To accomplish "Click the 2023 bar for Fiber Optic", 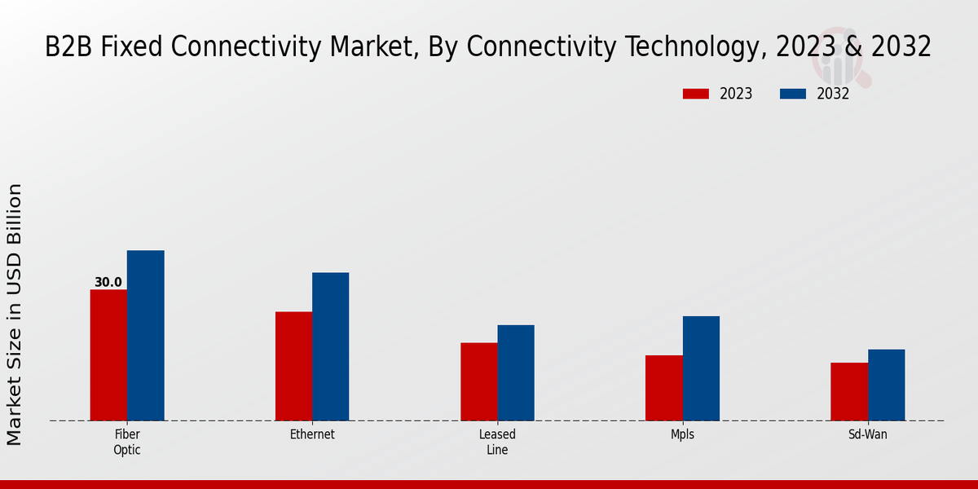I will (108, 355).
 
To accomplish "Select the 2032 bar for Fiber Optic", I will (145, 336).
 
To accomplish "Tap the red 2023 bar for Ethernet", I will (293, 366).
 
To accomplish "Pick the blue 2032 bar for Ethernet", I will (330, 346).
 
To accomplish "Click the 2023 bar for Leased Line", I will (478, 381).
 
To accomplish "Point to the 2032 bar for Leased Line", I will (516, 372).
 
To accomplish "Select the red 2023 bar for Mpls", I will (663, 388).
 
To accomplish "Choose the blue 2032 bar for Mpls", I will (701, 368).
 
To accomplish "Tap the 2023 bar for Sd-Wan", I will (848, 391).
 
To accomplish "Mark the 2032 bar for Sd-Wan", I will (886, 385).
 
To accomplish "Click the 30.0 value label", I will (108, 283).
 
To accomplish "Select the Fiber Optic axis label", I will (127, 442).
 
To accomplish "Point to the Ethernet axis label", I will (312, 434).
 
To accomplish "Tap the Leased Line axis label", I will (497, 442).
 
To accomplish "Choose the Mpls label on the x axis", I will (682, 434).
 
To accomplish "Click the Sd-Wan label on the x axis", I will (867, 434).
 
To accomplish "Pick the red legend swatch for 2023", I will (695, 94).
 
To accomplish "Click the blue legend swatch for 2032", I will (792, 94).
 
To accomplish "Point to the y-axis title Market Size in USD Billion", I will (15, 315).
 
